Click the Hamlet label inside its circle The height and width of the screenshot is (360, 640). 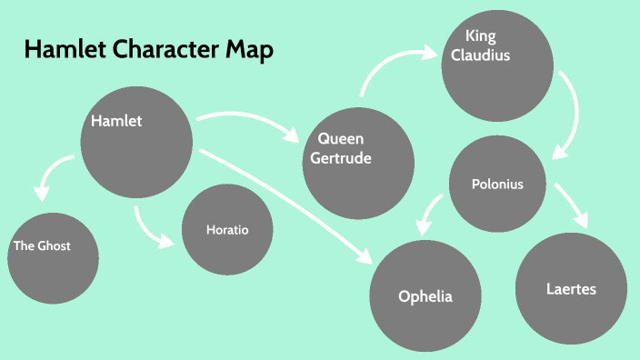click(x=116, y=120)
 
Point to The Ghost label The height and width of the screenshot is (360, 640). click(x=42, y=245)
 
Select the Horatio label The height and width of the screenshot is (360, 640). click(x=227, y=230)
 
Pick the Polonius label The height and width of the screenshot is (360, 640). click(x=497, y=185)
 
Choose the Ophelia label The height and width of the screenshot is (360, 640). click(x=425, y=296)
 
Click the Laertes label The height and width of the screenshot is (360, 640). click(x=572, y=290)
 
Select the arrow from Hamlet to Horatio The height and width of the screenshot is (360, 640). click(x=148, y=231)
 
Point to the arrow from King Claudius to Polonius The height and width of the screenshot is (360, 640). click(x=570, y=114)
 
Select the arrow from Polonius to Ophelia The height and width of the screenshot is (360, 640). click(x=429, y=212)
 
